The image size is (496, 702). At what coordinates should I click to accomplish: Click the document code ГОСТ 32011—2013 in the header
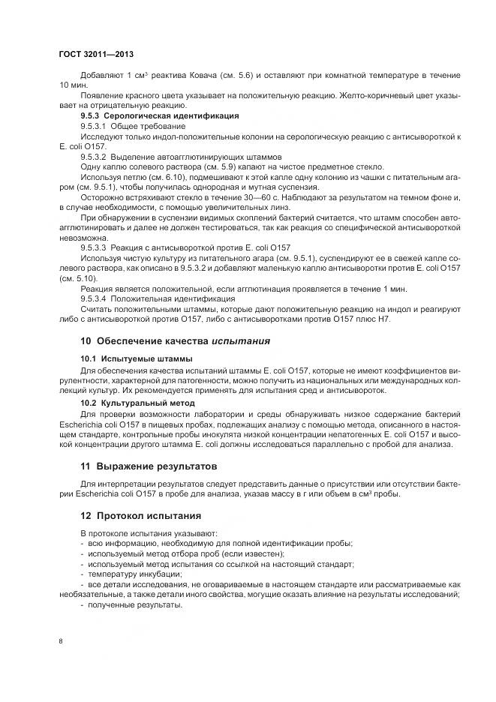click(x=95, y=55)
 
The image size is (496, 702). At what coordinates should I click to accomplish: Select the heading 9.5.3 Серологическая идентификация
click(x=159, y=116)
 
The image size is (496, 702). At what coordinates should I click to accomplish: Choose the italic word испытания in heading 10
click(x=240, y=340)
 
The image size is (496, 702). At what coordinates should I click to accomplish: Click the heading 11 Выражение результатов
click(x=149, y=465)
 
